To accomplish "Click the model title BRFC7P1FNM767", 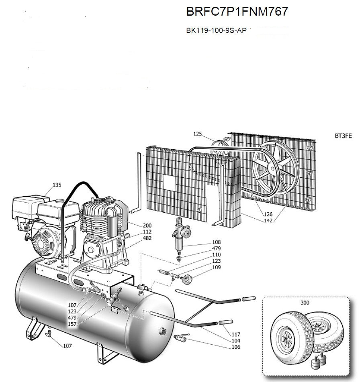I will tap(237, 12).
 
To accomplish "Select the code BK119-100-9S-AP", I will tap(216, 30).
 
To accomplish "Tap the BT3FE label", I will tap(343, 136).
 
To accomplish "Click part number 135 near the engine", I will tap(57, 185).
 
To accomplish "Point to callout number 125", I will tap(198, 134).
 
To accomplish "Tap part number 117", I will tap(236, 334).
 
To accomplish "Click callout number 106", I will tap(236, 347).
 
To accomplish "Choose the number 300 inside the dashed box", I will tap(305, 303).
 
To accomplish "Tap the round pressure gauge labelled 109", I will tap(187, 278).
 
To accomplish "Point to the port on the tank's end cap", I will tap(163, 330).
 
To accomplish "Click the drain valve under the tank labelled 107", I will tap(49, 332).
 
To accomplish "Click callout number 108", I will tap(217, 242).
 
